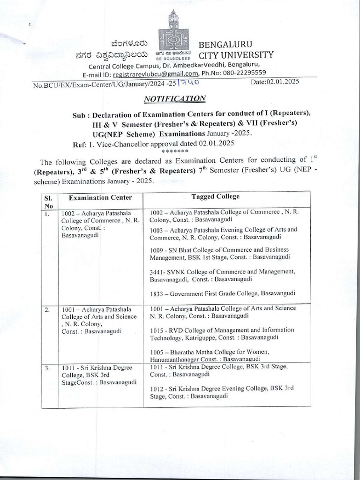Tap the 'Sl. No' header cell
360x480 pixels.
(49, 202)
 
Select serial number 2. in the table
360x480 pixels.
(47, 309)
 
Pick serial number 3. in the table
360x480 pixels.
(47, 368)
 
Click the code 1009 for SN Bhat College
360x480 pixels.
(157, 250)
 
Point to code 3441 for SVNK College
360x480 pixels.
(157, 272)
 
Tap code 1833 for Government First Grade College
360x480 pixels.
(157, 294)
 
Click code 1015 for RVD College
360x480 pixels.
(157, 330)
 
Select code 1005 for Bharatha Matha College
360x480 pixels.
(157, 352)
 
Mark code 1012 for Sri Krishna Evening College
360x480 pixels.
(157, 389)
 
